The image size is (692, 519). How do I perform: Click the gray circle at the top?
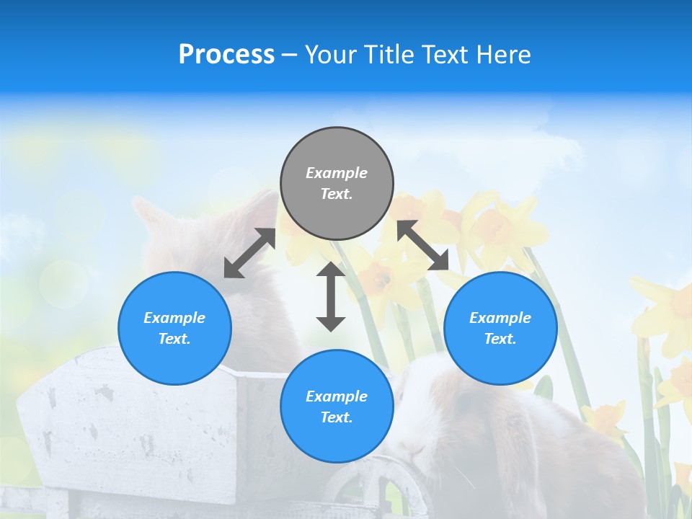pos(337,184)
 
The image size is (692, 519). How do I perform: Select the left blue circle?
pos(174,328)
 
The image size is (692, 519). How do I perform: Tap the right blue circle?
pos(500,328)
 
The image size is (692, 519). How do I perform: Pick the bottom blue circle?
pos(337,406)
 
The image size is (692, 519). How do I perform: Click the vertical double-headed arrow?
pos(331,296)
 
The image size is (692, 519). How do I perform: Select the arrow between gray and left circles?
pos(249,253)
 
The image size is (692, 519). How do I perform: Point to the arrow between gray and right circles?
pos(423,246)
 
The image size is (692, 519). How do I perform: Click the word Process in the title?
pos(226,54)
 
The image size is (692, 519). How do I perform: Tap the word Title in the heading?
pos(389,54)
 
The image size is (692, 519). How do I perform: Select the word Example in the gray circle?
pos(337,173)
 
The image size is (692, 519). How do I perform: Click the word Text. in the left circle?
pos(174,339)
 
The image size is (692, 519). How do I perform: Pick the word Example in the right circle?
pos(500,318)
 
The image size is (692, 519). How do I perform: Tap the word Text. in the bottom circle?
pos(337,417)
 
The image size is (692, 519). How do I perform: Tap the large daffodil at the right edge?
pos(667,317)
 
